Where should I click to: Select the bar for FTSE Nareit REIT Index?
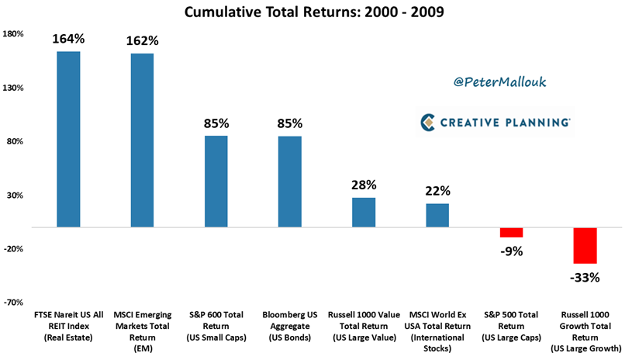click(x=68, y=139)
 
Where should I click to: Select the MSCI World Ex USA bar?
click(x=437, y=215)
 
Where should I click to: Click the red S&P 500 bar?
click(x=511, y=232)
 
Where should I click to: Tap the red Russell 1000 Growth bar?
click(x=585, y=245)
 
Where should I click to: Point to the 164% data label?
click(x=68, y=39)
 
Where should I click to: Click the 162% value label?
click(x=142, y=40)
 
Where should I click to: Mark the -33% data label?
click(x=585, y=276)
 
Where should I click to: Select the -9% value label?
click(x=511, y=250)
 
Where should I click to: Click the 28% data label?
click(x=363, y=185)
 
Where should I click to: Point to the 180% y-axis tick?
click(x=14, y=34)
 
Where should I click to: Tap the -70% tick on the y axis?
click(x=14, y=302)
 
